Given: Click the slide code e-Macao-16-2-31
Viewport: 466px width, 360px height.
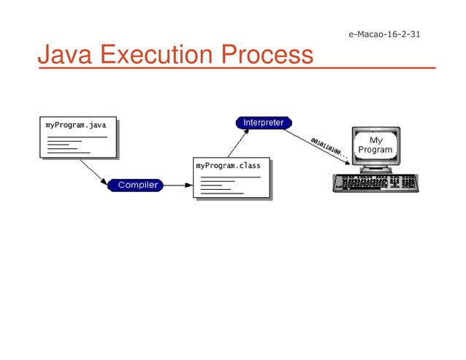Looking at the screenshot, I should click(x=383, y=34).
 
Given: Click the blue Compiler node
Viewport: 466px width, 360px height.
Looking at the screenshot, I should click(x=136, y=185).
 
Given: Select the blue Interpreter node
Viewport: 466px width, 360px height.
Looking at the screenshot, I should click(x=264, y=123).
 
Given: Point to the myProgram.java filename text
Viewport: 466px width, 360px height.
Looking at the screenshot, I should click(x=76, y=126).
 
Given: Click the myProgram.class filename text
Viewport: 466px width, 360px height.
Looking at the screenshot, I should click(x=229, y=166).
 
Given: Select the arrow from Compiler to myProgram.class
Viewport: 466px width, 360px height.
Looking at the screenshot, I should click(x=178, y=185).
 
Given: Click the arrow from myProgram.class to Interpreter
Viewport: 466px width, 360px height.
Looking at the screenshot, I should click(x=238, y=143).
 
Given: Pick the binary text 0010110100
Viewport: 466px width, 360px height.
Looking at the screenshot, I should click(x=328, y=149).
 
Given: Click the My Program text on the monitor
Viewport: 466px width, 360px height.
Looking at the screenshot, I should click(x=375, y=145).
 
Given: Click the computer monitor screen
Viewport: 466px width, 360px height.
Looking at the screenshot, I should click(x=375, y=145).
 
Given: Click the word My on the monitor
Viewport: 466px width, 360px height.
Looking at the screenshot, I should click(x=375, y=139).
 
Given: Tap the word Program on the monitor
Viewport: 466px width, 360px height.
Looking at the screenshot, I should click(x=375, y=150).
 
